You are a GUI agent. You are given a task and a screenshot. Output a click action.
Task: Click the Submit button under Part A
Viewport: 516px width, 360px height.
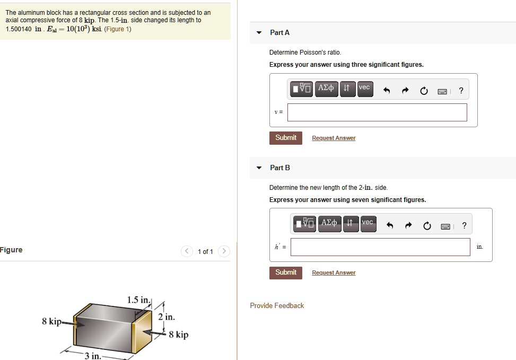click(286, 138)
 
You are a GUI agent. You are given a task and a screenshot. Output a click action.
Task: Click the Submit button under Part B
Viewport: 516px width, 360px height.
click(286, 273)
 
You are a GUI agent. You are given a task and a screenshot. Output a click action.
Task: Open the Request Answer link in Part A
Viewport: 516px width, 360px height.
click(334, 138)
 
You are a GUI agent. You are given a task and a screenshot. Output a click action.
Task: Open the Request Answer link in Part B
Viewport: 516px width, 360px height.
click(334, 273)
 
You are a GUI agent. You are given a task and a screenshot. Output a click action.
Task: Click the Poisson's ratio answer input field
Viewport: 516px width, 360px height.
click(377, 112)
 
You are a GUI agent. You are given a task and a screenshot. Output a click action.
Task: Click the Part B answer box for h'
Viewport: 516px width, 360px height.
click(380, 247)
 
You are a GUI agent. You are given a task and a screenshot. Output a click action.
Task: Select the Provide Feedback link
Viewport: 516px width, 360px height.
click(277, 306)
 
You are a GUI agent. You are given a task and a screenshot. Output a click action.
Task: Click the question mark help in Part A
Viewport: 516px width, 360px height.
click(461, 91)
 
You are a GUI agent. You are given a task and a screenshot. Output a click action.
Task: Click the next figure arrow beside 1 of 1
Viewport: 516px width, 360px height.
click(224, 251)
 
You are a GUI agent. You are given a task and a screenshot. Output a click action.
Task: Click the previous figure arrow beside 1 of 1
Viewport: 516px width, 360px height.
click(187, 251)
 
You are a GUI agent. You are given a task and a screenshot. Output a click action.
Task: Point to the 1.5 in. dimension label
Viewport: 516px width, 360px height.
click(139, 301)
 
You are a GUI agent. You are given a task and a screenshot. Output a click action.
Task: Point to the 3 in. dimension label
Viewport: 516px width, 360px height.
click(93, 355)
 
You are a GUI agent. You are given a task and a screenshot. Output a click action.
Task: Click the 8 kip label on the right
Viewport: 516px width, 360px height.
click(179, 335)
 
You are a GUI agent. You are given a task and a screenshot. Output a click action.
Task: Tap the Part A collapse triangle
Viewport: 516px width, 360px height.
click(259, 33)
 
